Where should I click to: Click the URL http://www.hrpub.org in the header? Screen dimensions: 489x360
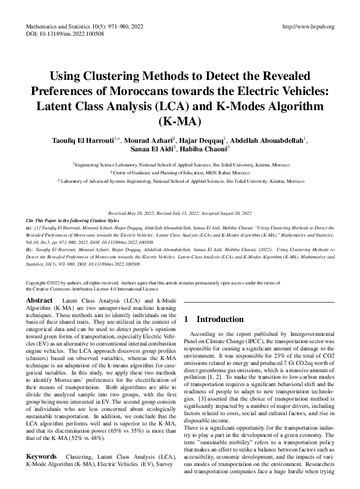[308, 27]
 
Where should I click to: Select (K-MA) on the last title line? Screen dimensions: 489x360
[180, 120]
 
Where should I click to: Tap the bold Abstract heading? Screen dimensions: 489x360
[41, 300]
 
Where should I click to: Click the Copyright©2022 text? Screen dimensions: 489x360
[51, 283]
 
